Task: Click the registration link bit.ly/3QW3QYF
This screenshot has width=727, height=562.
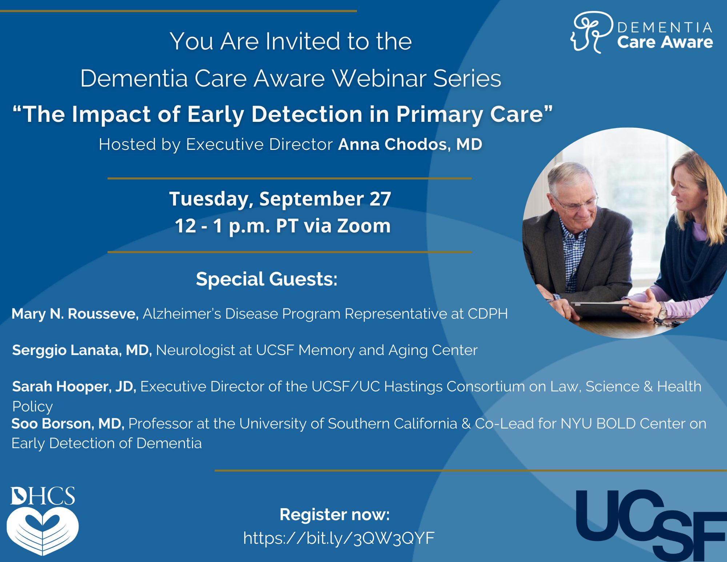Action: pyautogui.click(x=339, y=538)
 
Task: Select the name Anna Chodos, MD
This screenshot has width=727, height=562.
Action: pyautogui.click(x=410, y=144)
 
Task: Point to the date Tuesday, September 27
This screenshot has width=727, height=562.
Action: pyautogui.click(x=280, y=199)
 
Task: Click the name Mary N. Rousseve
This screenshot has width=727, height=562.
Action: pyautogui.click(x=75, y=314)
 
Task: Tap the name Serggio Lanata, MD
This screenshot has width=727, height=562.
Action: pyautogui.click(x=82, y=350)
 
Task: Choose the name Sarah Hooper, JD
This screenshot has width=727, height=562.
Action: pyautogui.click(x=74, y=387)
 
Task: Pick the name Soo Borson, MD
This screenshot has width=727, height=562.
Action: pyautogui.click(x=68, y=424)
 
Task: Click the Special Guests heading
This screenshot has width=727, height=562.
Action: pyautogui.click(x=267, y=279)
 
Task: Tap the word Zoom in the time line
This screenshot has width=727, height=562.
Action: pyautogui.click(x=364, y=226)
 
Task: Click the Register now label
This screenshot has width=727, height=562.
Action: pyautogui.click(x=334, y=515)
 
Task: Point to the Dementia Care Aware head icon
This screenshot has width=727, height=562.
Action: pyautogui.click(x=591, y=32)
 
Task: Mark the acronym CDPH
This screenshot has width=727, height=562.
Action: pyautogui.click(x=487, y=314)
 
